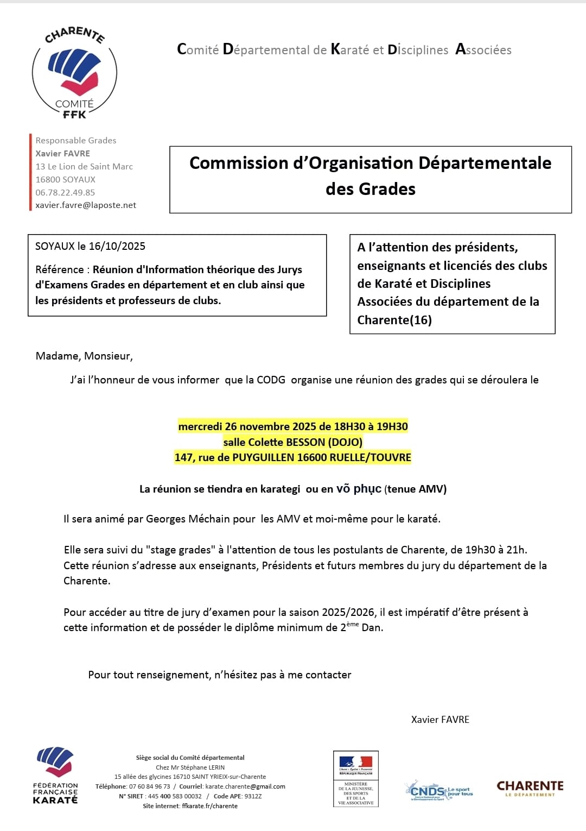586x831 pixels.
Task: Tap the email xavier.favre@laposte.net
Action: (x=86, y=205)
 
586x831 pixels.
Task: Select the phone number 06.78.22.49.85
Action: (x=65, y=192)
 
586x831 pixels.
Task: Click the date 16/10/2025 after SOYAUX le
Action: (x=117, y=246)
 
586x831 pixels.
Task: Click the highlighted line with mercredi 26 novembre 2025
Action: (x=293, y=426)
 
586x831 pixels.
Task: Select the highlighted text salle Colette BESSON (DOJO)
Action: (x=293, y=442)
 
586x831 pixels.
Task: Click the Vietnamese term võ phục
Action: (x=359, y=489)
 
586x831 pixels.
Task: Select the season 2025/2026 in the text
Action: (x=348, y=612)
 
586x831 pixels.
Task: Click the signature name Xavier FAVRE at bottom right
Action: (x=440, y=720)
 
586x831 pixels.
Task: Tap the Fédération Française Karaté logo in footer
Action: (x=55, y=775)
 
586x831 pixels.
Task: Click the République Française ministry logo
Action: (x=356, y=778)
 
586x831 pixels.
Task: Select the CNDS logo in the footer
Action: (x=438, y=791)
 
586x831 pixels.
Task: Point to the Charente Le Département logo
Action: (x=530, y=788)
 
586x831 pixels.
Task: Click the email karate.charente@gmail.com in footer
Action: (x=245, y=786)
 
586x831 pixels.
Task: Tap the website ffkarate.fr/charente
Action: (x=210, y=806)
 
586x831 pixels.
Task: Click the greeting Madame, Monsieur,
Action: (x=84, y=356)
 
